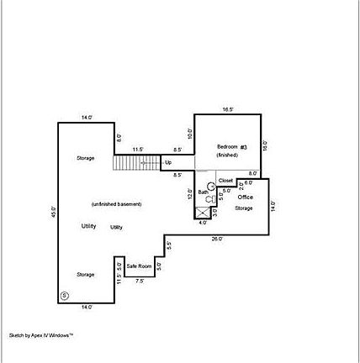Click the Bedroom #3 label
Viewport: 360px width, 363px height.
click(232, 148)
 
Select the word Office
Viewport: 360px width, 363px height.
click(246, 197)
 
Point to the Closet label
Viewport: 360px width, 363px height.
click(225, 181)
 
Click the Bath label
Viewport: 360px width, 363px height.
click(203, 192)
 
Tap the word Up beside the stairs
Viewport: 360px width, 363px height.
click(168, 162)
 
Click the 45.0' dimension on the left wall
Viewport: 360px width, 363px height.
click(53, 213)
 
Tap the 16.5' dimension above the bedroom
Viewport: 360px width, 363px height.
click(227, 109)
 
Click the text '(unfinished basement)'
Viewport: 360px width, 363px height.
click(115, 205)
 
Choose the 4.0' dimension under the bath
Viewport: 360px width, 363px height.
click(202, 224)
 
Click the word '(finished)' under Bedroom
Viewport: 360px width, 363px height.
click(227, 155)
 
